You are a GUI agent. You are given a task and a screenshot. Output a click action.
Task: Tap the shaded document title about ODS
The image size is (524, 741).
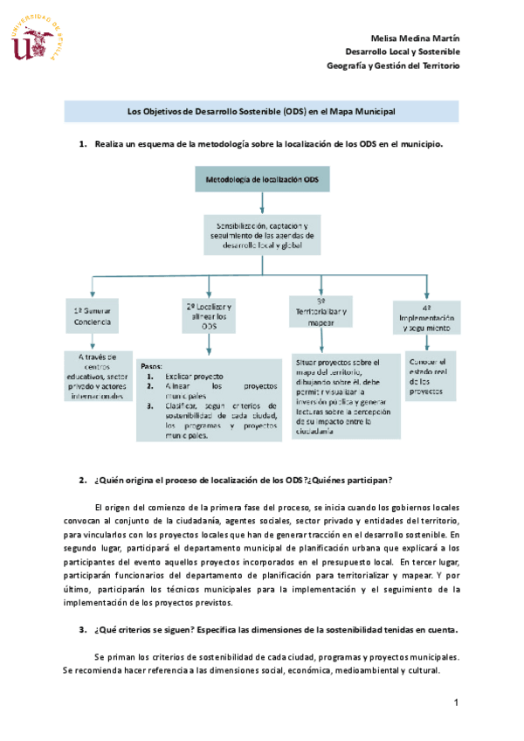click(x=262, y=112)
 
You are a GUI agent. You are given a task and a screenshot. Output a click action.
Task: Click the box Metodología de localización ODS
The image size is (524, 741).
click(x=261, y=180)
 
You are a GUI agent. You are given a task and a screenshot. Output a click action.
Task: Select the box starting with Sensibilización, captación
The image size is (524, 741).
click(x=261, y=236)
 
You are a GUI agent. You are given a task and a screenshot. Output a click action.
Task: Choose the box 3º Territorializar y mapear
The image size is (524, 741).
click(x=321, y=311)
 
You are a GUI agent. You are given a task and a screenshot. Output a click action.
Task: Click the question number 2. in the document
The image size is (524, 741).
click(x=82, y=481)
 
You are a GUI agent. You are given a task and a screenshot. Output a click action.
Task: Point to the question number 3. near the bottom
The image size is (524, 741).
click(x=82, y=630)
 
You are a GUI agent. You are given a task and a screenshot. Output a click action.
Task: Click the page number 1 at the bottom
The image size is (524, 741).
click(x=456, y=703)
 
